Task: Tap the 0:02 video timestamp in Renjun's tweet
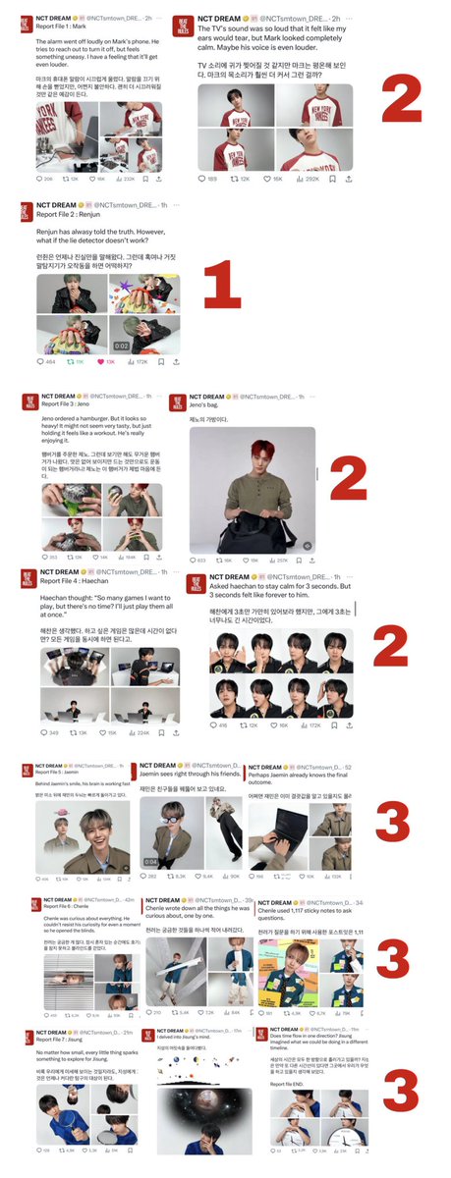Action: click(119, 346)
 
